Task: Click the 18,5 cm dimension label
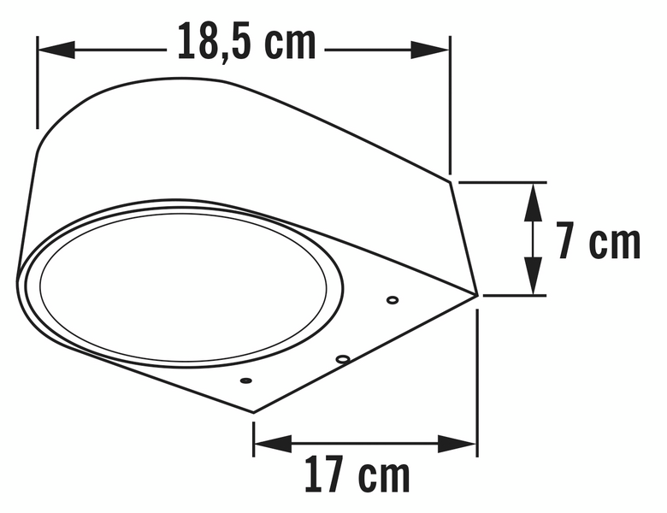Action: coord(246,43)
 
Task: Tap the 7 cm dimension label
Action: coord(599,242)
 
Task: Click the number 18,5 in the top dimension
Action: coord(212,43)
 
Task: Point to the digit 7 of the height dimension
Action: coord(565,242)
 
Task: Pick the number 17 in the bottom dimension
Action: coord(326,475)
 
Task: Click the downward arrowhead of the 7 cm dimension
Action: coord(533,285)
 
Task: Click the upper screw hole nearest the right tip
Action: coord(393,300)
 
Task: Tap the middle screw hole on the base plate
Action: coord(342,359)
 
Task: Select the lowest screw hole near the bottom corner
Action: coord(246,379)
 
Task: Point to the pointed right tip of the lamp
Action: coord(475,296)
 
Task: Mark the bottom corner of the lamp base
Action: coord(254,412)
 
